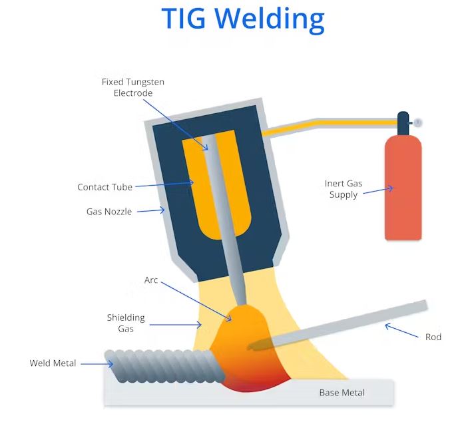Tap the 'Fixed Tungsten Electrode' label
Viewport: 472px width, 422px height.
tap(132, 87)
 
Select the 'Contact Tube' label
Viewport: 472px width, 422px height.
tap(105, 188)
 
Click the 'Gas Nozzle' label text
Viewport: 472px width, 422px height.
tap(109, 212)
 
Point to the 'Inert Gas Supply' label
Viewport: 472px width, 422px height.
tap(343, 189)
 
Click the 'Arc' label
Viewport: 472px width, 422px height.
tap(151, 280)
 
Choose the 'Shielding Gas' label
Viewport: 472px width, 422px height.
tap(126, 323)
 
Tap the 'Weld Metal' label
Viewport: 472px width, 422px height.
tap(53, 363)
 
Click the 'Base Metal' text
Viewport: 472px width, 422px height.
tap(342, 393)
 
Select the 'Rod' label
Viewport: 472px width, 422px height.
tap(433, 337)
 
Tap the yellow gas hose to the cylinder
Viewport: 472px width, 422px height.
tap(333, 123)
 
